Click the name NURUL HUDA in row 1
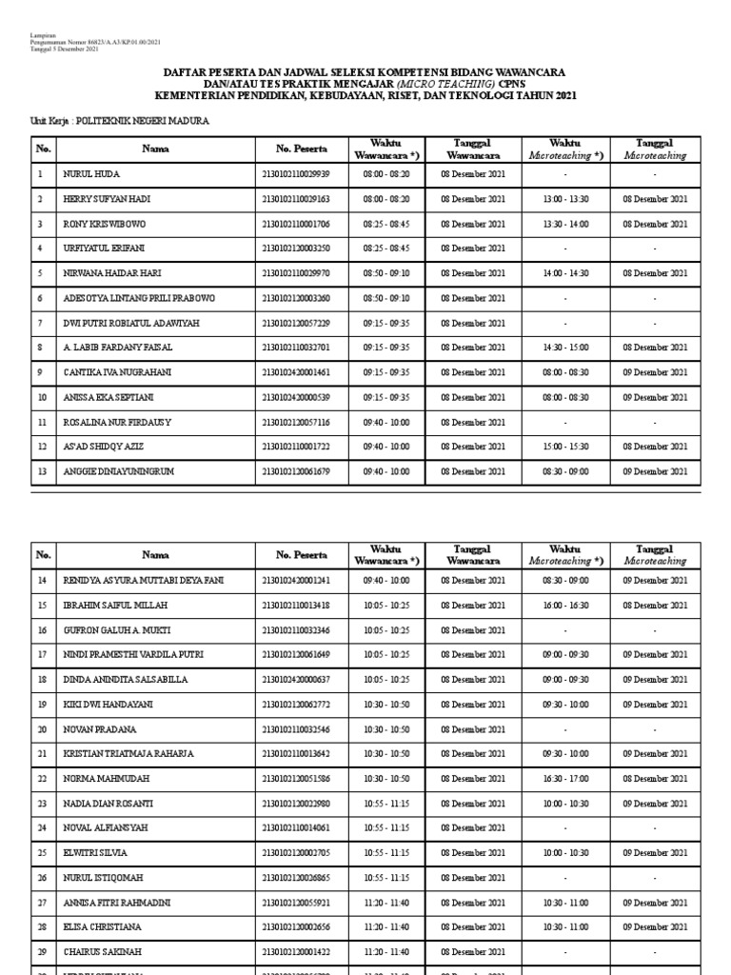pyautogui.click(x=91, y=174)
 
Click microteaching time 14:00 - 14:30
pyautogui.click(x=565, y=273)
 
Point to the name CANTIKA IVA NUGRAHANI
pyautogui.click(x=117, y=372)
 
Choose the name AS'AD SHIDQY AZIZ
pyautogui.click(x=104, y=447)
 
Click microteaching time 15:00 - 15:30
pyautogui.click(x=565, y=447)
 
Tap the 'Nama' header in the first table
pyautogui.click(x=155, y=149)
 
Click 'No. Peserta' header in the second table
pyautogui.click(x=302, y=554)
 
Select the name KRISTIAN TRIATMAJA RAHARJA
pyautogui.click(x=128, y=754)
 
